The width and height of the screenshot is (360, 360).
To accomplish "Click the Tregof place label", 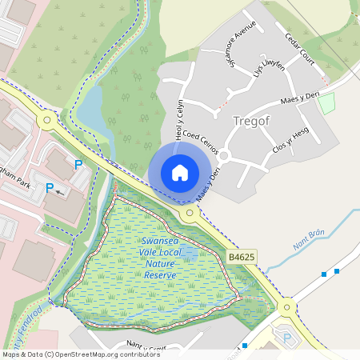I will pos(254,121).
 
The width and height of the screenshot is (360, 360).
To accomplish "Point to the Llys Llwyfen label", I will pos(269,71).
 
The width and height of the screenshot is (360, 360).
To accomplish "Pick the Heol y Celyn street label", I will pos(179,118).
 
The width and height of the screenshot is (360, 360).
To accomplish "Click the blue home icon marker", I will pos(180,172).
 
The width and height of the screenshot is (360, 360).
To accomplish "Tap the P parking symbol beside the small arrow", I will pos(50,189).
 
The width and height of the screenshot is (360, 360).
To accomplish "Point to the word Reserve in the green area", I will pos(159,275).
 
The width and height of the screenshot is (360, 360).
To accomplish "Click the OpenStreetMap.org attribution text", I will pos(110,354).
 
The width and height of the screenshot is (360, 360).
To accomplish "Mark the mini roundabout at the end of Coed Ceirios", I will pos(225,155).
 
